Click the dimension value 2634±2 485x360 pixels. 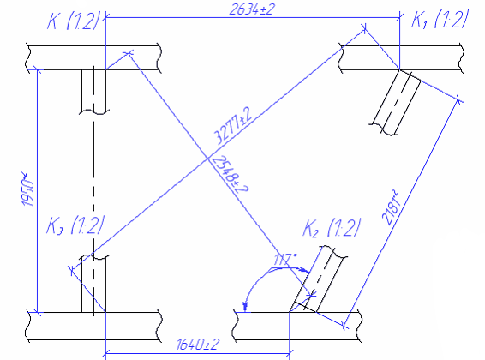click(252, 9)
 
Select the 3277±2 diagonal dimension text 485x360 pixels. click(233, 125)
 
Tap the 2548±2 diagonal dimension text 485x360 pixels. click(229, 174)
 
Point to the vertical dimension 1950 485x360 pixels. click(28, 189)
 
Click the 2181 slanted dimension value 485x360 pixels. click(390, 207)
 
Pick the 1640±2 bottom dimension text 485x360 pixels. click(198, 345)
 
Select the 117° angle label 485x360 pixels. click(285, 260)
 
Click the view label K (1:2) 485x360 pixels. click(75, 21)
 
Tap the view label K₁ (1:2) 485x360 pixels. click(439, 19)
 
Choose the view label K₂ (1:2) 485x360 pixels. click(332, 228)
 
